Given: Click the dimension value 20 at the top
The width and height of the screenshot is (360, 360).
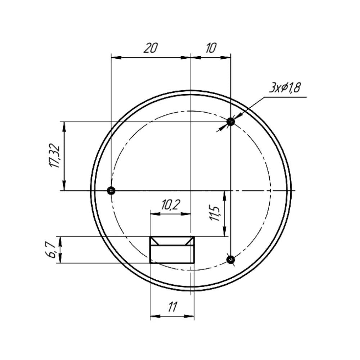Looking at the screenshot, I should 150,48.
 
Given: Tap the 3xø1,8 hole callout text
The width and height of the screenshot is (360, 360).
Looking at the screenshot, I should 285,88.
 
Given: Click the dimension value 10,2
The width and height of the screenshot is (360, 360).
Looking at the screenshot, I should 170,205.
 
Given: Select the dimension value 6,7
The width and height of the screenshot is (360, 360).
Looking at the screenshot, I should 51,250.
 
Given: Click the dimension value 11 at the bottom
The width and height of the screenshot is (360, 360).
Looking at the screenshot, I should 172,307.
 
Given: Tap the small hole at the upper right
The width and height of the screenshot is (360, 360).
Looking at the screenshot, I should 231,122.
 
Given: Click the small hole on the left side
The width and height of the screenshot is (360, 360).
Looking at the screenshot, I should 111,190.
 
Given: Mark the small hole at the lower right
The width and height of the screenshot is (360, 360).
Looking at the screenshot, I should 231,259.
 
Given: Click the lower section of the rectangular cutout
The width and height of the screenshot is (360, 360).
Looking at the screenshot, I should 172,254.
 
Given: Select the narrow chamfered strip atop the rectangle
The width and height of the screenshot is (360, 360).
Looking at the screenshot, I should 172,241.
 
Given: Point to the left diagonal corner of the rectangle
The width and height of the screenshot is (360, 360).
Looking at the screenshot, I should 154,241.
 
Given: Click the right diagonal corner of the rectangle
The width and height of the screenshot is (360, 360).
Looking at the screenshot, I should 190,241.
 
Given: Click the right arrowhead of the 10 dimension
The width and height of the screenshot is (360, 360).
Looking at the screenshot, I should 226,57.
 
